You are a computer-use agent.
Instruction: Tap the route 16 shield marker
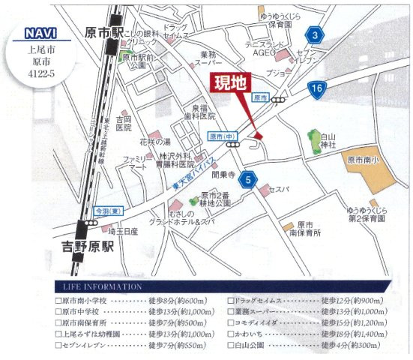tap(316, 89)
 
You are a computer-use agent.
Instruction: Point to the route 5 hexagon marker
tap(247, 179)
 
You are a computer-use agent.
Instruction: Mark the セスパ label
tap(280, 189)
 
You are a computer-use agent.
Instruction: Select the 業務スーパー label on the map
tap(208, 58)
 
